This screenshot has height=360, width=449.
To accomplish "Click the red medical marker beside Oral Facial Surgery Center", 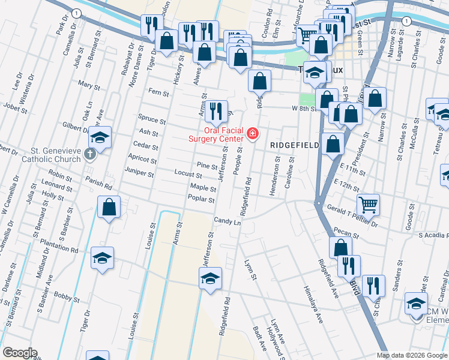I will point(253,133).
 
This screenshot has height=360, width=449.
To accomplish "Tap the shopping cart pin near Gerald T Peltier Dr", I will point(367,204).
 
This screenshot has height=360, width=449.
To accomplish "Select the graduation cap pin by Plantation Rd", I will point(102,259).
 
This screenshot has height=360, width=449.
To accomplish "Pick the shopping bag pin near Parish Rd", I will point(109,208).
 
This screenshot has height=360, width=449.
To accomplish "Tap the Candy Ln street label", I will point(227,222).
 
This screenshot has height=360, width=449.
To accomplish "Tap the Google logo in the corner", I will point(20,353).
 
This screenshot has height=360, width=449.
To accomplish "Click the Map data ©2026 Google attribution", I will point(412,355).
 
